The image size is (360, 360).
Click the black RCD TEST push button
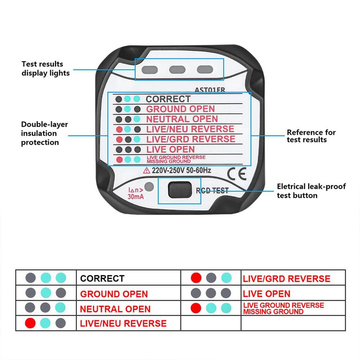[179, 190]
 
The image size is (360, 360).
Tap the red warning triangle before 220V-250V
[147, 171]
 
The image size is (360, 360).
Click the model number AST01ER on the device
[210, 90]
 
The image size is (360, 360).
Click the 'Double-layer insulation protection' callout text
[44, 133]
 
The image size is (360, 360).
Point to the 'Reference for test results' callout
[311, 136]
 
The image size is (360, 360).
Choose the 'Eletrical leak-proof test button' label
[311, 191]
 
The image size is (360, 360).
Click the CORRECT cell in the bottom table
[102, 278]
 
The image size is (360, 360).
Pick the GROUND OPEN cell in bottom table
[114, 294]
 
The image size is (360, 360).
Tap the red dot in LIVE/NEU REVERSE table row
[31, 323]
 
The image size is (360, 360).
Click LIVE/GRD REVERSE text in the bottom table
[287, 279]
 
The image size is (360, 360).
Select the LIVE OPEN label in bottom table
[267, 294]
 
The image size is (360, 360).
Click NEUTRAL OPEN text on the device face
[182, 119]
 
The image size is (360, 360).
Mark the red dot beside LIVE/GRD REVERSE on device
[120, 139]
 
